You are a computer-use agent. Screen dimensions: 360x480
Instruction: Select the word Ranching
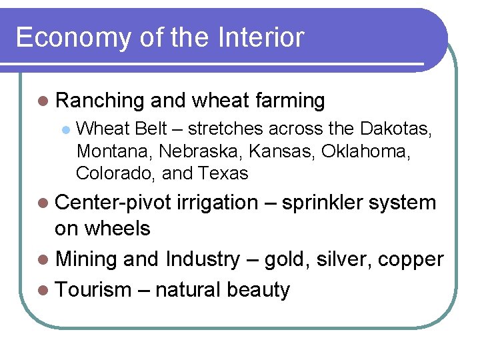(100, 101)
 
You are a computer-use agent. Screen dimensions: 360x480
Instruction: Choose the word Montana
(115, 151)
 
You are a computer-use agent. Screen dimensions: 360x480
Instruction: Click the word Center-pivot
(113, 203)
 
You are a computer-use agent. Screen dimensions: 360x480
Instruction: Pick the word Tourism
(93, 290)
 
